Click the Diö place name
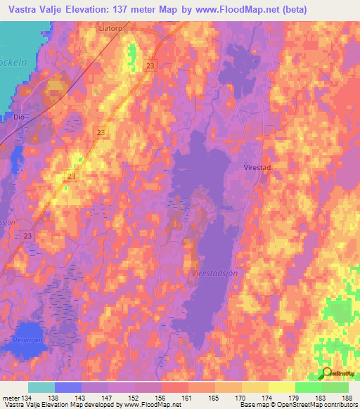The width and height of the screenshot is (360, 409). [19, 117]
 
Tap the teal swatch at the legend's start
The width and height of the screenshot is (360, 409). [41, 387]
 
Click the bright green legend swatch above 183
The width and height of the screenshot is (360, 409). [308, 387]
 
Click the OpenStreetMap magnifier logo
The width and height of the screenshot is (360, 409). [327, 373]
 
